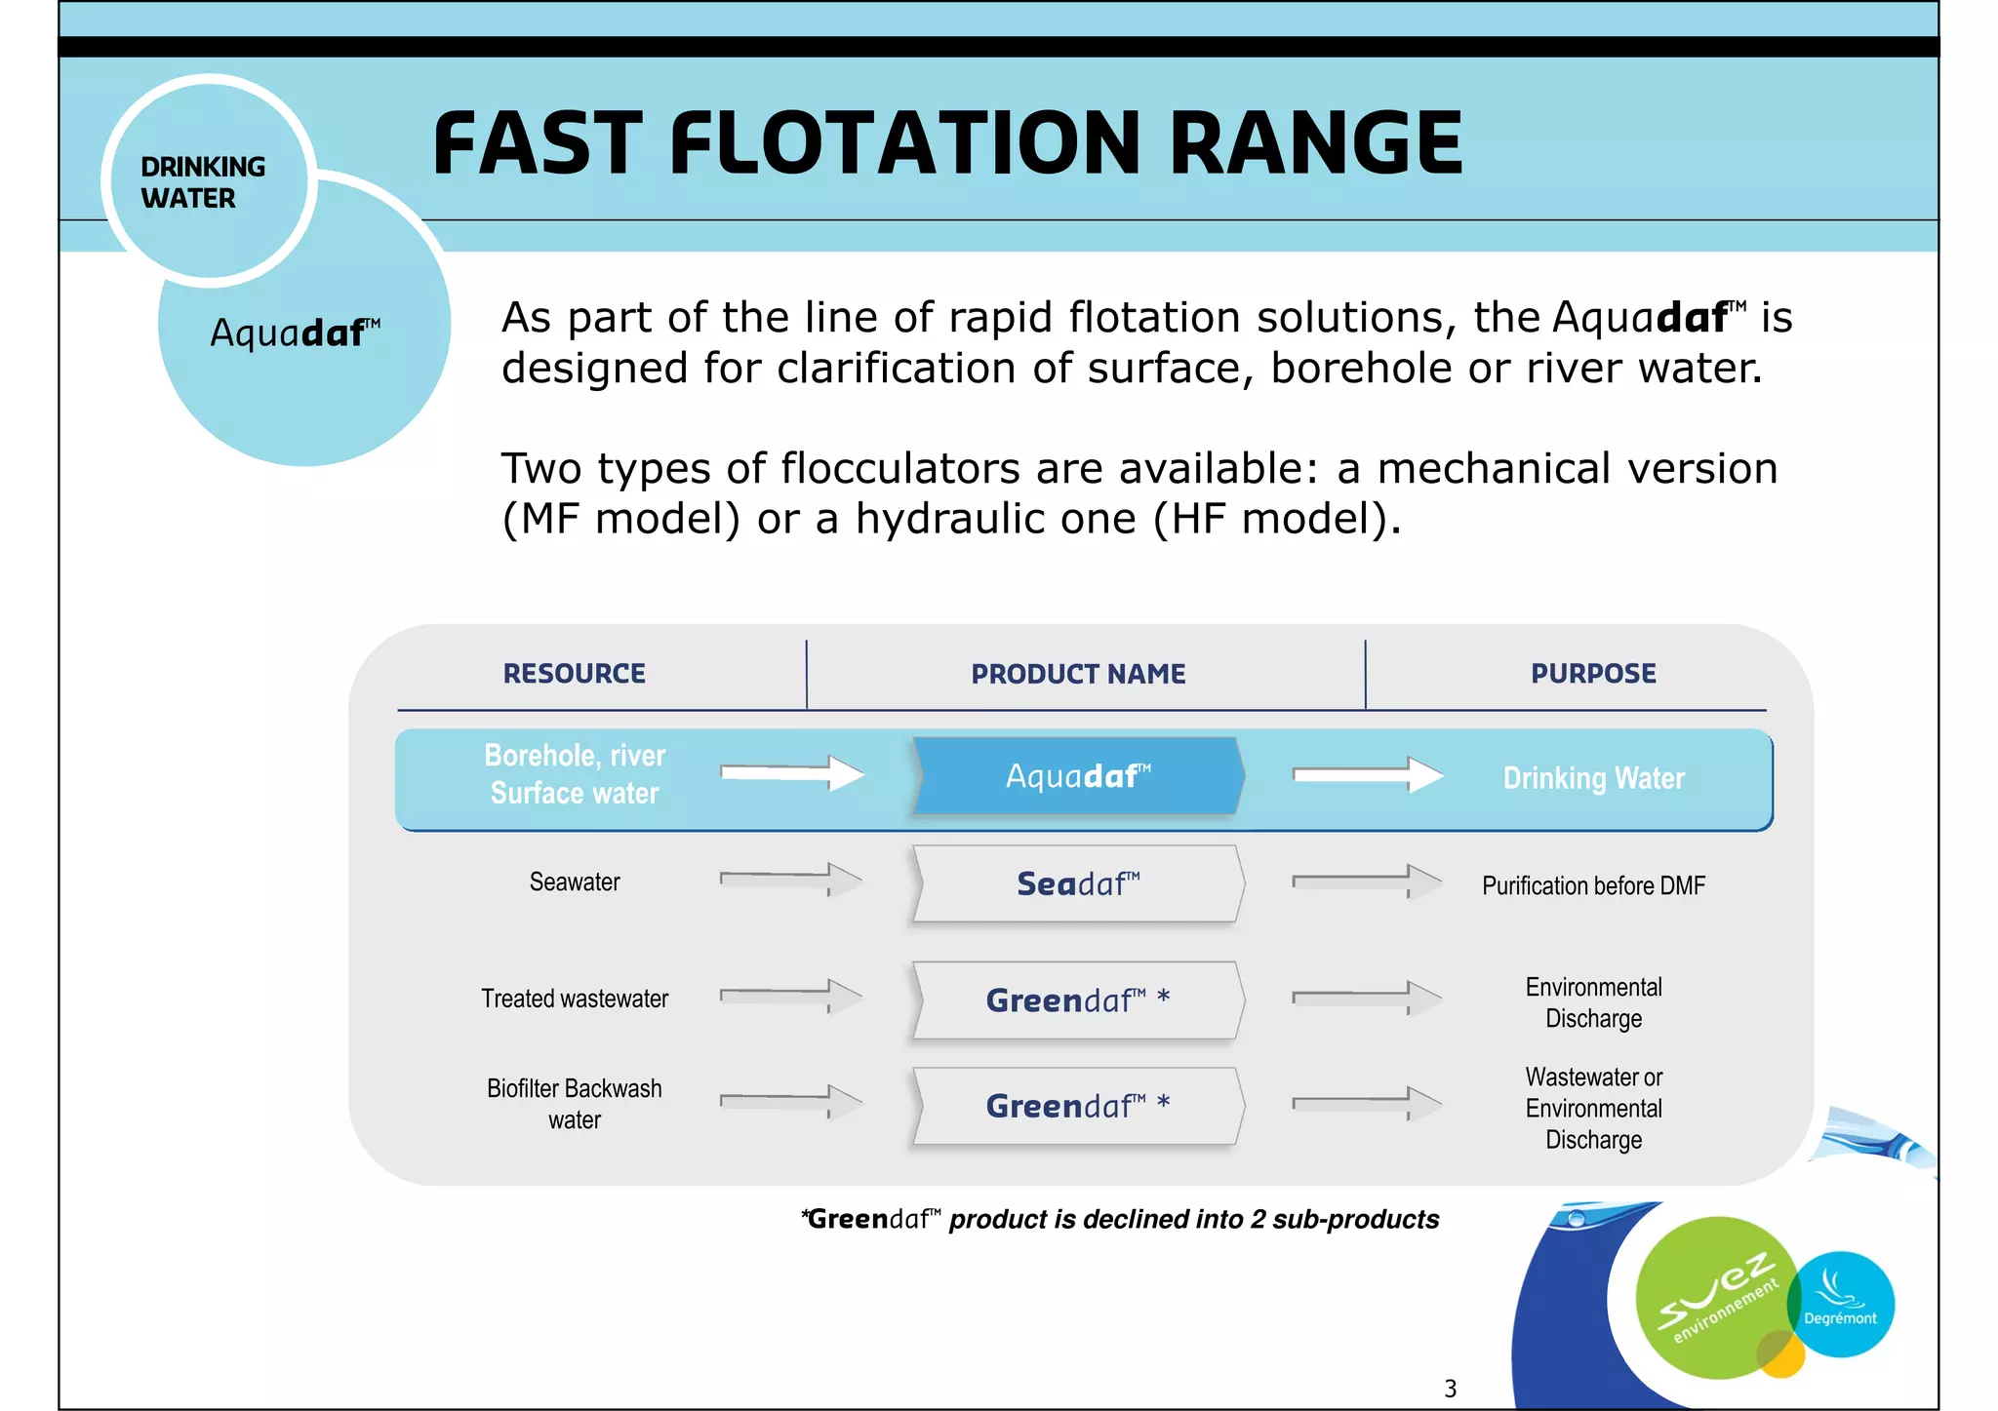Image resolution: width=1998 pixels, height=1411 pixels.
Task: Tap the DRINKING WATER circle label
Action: click(x=203, y=182)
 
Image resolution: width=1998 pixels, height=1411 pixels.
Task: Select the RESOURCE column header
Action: click(x=574, y=674)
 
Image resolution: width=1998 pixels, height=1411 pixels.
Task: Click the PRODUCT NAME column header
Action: click(x=1078, y=674)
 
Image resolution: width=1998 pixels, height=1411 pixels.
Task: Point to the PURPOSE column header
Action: click(x=1593, y=674)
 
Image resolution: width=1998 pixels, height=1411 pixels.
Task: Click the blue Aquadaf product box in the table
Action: click(x=1078, y=776)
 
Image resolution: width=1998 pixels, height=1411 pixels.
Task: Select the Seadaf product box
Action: click(x=1078, y=883)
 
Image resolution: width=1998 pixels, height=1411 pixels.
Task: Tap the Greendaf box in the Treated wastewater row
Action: click(x=1078, y=1000)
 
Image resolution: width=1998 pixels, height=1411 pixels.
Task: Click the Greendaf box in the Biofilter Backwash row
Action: click(x=1078, y=1106)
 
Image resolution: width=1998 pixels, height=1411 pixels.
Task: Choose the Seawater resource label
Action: click(x=575, y=882)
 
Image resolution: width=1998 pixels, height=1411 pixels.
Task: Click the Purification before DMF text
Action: click(x=1593, y=886)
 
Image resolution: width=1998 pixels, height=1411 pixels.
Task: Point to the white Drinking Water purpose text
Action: click(x=1593, y=778)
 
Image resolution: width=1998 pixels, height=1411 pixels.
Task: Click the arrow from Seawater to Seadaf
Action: click(x=791, y=880)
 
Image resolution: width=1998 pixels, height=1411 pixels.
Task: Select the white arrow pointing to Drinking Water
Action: click(x=1367, y=775)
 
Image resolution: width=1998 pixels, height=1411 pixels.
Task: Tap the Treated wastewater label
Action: click(x=575, y=999)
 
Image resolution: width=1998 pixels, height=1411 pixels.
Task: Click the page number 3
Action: click(x=1450, y=1389)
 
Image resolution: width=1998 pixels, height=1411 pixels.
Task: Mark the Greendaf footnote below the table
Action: click(x=1120, y=1220)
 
